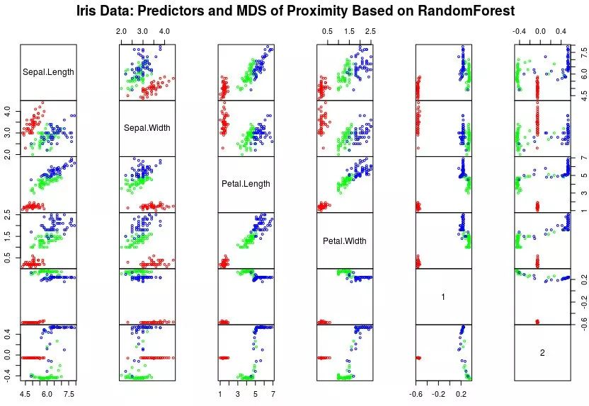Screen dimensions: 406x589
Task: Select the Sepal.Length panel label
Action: [48, 71]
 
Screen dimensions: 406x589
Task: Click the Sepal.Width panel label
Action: [147, 128]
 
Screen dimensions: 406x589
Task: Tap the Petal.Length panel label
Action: [246, 184]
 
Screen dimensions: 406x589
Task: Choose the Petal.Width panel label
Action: [345, 240]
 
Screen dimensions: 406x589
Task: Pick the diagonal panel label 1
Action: [443, 297]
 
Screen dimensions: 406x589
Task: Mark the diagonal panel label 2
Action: [542, 353]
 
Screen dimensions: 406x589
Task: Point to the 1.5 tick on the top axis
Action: [349, 33]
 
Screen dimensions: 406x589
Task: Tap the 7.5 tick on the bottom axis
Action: [69, 393]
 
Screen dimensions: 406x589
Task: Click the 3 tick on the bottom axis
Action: [238, 393]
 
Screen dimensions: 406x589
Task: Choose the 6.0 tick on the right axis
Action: [583, 72]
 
